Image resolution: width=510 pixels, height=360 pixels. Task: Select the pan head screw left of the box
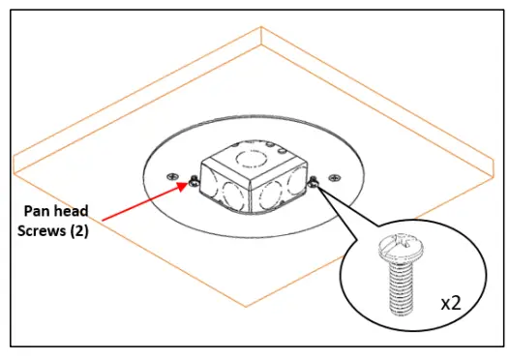pyautogui.click(x=195, y=182)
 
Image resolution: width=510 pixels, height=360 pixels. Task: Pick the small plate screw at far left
pyautogui.click(x=172, y=177)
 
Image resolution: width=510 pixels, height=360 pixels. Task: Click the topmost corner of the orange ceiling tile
pyautogui.click(x=263, y=27)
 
